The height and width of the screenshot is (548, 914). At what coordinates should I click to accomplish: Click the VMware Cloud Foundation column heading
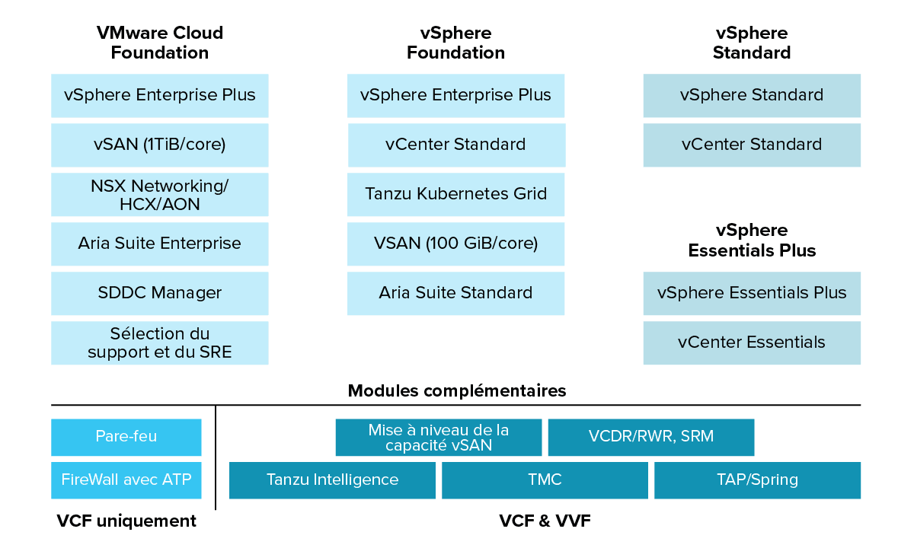click(x=160, y=43)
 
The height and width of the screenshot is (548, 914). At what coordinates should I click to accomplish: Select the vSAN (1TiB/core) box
click(x=160, y=145)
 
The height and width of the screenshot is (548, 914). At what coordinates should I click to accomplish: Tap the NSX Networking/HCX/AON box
click(x=160, y=195)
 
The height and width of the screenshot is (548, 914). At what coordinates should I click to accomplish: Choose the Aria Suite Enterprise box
click(x=160, y=244)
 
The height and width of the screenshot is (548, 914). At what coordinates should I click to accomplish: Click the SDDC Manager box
click(x=160, y=293)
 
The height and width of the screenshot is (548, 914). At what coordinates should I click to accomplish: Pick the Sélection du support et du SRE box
click(x=160, y=342)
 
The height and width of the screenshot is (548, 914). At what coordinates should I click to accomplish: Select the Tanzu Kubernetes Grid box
click(x=455, y=194)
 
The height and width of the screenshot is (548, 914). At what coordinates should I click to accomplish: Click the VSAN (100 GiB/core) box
click(x=455, y=244)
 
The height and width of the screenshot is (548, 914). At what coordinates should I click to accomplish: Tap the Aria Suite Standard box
click(x=455, y=293)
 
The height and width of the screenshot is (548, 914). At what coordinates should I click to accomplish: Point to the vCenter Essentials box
click(x=752, y=342)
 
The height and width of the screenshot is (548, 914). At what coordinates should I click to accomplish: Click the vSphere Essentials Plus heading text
click(x=752, y=241)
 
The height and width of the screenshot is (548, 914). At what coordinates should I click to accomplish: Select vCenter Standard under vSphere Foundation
click(x=456, y=145)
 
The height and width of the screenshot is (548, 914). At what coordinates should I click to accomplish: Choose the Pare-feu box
click(x=126, y=437)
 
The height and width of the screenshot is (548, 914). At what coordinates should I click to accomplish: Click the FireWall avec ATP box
click(x=126, y=480)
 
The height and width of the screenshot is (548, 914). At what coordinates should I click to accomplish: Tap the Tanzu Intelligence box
click(x=332, y=480)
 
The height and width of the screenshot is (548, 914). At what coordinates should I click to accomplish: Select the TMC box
click(x=545, y=480)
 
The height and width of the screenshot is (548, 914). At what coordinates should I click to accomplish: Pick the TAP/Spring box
click(x=757, y=480)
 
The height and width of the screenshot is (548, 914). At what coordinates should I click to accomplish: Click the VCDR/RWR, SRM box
click(x=651, y=437)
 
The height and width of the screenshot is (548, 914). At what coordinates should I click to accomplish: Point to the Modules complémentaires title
click(x=457, y=391)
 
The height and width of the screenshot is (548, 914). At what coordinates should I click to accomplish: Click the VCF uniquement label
click(x=126, y=521)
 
